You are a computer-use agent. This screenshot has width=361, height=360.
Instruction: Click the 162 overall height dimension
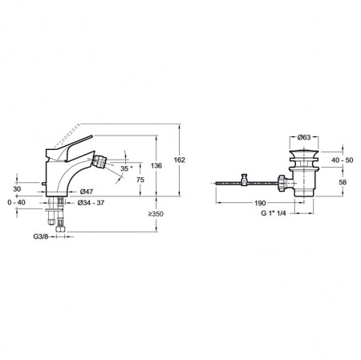click(179, 160)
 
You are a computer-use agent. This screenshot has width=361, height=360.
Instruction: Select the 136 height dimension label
click(156, 166)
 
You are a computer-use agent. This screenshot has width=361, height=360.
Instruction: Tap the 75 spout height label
click(140, 180)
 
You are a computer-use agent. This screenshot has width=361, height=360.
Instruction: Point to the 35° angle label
click(126, 168)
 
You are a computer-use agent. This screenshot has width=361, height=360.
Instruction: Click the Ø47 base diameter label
click(87, 192)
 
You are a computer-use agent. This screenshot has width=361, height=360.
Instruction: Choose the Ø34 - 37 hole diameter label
click(91, 203)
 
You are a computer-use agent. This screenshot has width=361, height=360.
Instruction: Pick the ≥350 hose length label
click(156, 214)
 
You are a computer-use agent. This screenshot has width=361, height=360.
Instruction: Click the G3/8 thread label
click(41, 237)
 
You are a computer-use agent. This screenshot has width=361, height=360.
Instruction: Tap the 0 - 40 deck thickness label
click(16, 203)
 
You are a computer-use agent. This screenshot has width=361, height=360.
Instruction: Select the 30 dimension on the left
click(17, 189)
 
